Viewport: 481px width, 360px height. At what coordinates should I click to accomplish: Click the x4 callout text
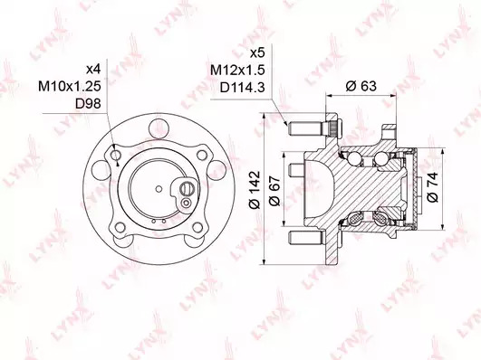[93, 70]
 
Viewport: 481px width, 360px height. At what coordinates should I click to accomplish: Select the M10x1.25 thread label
[70, 87]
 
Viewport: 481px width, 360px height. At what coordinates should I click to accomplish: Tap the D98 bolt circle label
[88, 104]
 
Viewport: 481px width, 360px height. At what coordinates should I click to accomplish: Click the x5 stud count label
[257, 53]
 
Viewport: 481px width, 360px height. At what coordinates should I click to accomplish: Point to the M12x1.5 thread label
[237, 71]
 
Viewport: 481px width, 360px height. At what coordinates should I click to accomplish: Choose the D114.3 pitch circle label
[243, 88]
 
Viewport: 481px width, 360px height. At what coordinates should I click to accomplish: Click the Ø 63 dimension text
[361, 86]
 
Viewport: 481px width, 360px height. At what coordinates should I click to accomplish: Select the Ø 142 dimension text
[255, 190]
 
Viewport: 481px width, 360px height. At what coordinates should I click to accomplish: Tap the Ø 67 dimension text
[274, 191]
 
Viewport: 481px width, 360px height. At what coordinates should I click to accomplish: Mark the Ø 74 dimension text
[432, 187]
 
